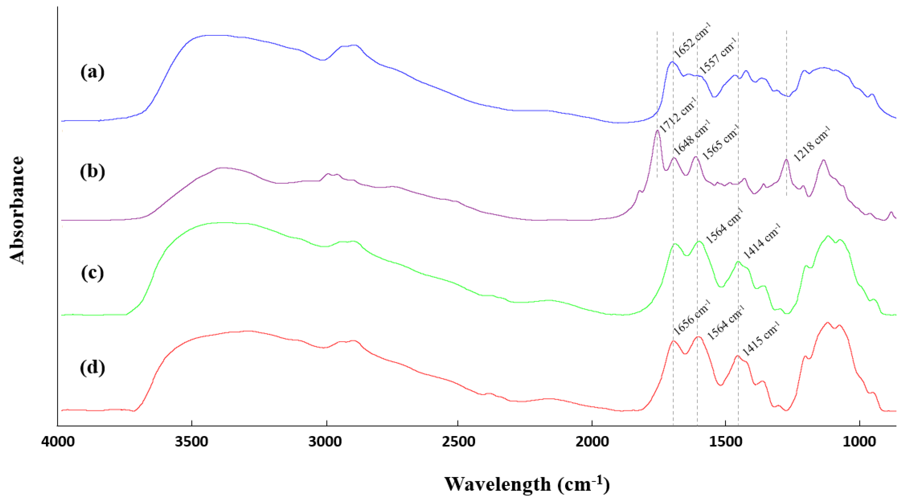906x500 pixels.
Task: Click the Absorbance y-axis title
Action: [x=17, y=210]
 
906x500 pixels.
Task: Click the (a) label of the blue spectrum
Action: [x=92, y=73]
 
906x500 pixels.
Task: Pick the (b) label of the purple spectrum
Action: [x=92, y=172]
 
